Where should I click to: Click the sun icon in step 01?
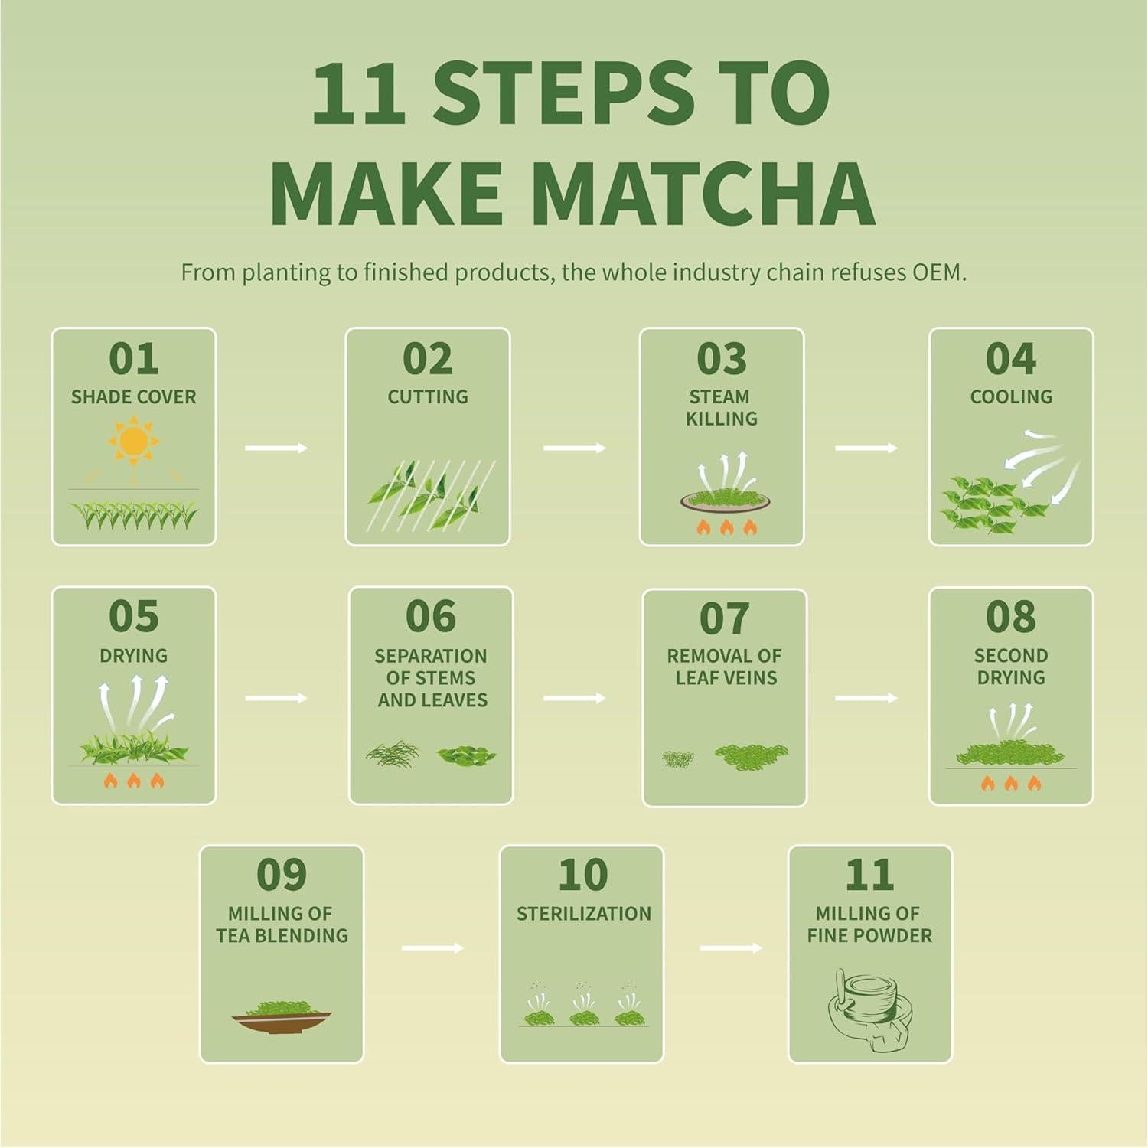click(133, 441)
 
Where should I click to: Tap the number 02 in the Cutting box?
click(427, 359)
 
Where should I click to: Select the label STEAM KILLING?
click(721, 407)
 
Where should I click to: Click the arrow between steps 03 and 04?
click(866, 448)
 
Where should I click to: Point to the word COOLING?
click(1010, 396)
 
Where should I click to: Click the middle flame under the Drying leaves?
click(134, 781)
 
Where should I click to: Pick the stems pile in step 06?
click(393, 755)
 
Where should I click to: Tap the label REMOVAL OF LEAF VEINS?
click(724, 667)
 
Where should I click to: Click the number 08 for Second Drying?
click(1010, 617)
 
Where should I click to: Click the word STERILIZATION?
click(583, 913)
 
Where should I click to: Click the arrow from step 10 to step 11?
click(730, 948)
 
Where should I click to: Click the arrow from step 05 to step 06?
click(276, 698)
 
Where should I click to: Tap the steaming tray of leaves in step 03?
click(725, 501)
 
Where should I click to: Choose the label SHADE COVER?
click(133, 396)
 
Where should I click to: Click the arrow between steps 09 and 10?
click(432, 948)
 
